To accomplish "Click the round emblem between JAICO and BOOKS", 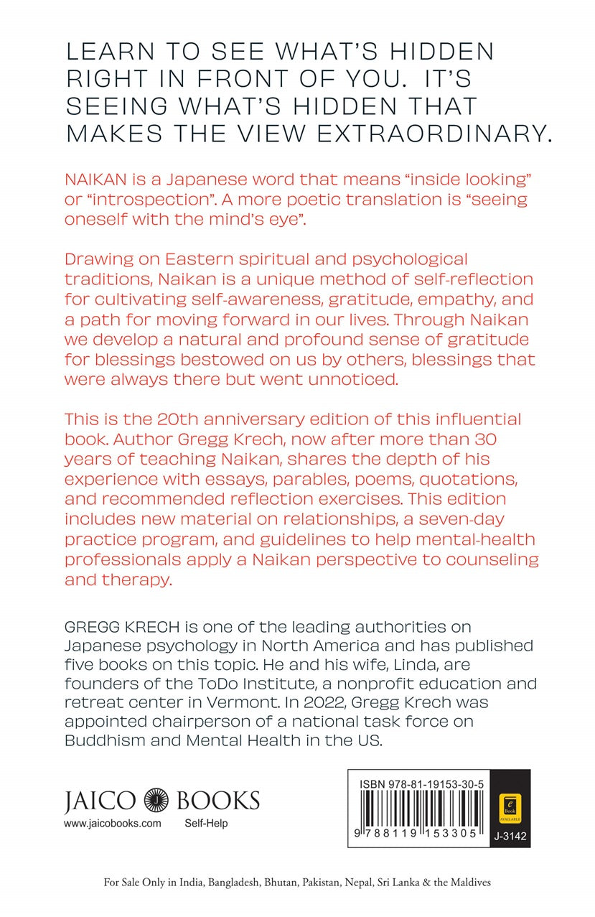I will click(x=156, y=799).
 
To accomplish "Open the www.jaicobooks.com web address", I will click(x=113, y=824).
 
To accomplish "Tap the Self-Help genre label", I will click(x=206, y=824).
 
